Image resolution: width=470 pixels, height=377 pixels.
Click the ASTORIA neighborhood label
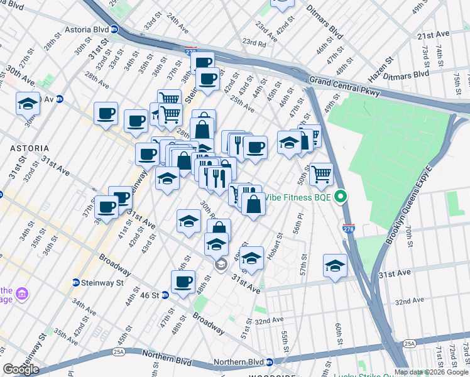pyautogui.click(x=25, y=148)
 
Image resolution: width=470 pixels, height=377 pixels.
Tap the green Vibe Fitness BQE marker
pyautogui.click(x=341, y=197)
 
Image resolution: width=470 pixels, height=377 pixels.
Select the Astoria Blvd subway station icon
pyautogui.click(x=114, y=29)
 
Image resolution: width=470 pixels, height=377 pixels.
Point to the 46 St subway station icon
pyautogui.click(x=165, y=295)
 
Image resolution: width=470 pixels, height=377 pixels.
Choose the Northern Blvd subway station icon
pyautogui.click(x=270, y=362)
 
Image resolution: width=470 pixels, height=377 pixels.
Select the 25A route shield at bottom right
pyautogui.click(x=410, y=344)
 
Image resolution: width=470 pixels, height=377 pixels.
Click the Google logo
pyautogui.click(x=21, y=369)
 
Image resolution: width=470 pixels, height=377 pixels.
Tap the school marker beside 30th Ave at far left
pyautogui.click(x=28, y=104)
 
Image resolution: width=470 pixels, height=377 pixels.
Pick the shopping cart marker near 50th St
pyautogui.click(x=321, y=174)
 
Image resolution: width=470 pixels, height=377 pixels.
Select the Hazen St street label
pyautogui.click(x=381, y=68)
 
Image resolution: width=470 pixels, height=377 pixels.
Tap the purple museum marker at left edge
pyautogui.click(x=23, y=293)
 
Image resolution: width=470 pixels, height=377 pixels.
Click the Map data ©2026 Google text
pyautogui.click(x=431, y=372)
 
